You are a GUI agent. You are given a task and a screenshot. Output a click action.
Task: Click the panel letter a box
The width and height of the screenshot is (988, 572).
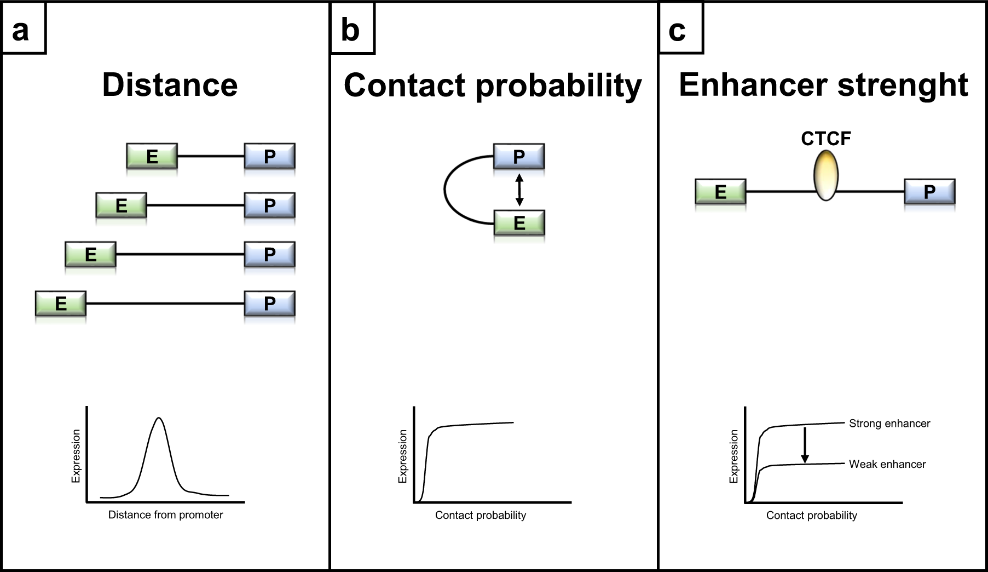23,28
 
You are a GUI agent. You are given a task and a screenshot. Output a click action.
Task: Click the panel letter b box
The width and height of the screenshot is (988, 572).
352,28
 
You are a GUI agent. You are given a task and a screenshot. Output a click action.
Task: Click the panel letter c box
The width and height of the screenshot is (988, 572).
680,28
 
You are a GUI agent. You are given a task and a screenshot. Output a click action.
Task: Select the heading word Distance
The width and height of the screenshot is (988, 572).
170,85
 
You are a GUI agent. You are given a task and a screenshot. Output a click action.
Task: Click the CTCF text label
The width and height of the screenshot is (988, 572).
825,139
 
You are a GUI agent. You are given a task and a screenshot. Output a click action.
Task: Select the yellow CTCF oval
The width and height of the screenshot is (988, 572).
825,176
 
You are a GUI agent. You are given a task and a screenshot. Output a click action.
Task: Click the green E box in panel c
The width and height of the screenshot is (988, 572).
720,192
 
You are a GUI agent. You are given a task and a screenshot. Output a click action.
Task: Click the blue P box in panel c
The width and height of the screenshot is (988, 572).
929,192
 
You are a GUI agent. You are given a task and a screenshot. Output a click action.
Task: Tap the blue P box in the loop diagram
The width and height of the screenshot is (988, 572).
519,157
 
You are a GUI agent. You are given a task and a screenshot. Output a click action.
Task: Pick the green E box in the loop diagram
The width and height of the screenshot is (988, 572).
519,223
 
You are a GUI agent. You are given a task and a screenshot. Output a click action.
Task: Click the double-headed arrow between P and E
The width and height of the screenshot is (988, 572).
519,190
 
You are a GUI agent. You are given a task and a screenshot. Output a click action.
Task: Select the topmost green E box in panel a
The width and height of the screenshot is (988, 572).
152,157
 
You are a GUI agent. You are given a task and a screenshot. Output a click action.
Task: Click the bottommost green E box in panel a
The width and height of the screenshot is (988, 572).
61,304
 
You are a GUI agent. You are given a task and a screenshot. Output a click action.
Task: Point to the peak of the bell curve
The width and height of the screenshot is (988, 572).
159,419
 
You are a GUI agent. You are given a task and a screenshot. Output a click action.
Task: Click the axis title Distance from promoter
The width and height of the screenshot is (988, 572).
165,514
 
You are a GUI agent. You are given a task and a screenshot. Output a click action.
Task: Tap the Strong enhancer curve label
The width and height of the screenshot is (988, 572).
889,423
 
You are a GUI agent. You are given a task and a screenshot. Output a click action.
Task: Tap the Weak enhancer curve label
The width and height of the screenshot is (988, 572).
887,464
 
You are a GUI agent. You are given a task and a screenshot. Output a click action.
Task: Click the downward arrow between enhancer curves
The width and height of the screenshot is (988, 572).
805,445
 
